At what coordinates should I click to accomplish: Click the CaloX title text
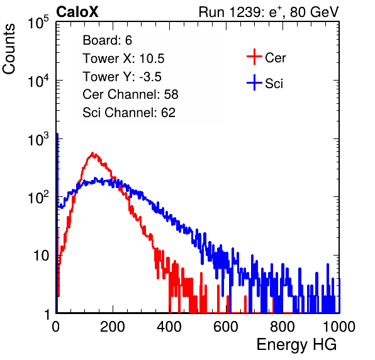[x=77, y=12]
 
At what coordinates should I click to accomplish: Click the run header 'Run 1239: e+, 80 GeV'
[x=269, y=12]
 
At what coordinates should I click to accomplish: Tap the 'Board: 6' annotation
[x=107, y=40]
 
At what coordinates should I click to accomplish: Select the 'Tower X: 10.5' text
[x=123, y=59]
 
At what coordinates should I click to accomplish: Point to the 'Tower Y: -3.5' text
[x=122, y=77]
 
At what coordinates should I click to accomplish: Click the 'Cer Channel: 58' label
[x=130, y=94]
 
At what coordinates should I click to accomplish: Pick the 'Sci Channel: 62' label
[x=129, y=113]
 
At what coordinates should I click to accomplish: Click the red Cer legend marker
[x=254, y=57]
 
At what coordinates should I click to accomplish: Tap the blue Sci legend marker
[x=254, y=82]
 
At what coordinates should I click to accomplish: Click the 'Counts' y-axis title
[x=9, y=48]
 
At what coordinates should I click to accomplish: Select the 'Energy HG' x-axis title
[x=296, y=345]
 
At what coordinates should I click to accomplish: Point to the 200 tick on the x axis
[x=113, y=327]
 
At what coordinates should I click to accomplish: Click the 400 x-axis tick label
[x=169, y=327]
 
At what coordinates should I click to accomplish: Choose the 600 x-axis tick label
[x=226, y=327]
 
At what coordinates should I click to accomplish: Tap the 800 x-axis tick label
[x=283, y=327]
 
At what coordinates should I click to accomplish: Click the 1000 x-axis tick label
[x=339, y=327]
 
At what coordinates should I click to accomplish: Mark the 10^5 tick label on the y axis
[x=38, y=22]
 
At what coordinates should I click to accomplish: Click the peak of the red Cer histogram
[x=92, y=153]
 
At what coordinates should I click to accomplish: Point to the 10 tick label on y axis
[x=41, y=256]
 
